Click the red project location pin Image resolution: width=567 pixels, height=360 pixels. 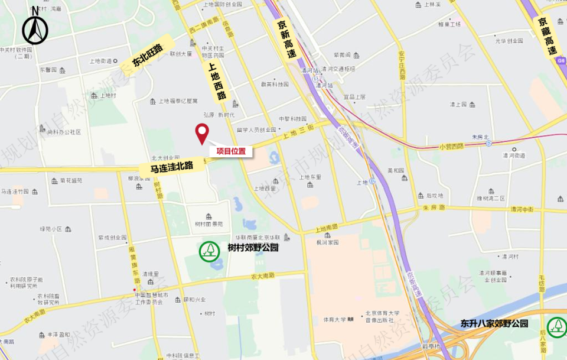[x=202, y=133]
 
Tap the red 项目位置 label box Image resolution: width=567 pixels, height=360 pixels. [x=231, y=151]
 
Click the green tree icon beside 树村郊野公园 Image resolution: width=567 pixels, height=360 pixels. [x=209, y=251]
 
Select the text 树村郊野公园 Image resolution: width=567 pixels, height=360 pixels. [x=253, y=248]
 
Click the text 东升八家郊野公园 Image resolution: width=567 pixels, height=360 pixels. [x=494, y=324]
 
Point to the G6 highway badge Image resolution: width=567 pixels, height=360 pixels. [x=561, y=61]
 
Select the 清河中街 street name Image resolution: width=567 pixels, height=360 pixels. [x=522, y=209]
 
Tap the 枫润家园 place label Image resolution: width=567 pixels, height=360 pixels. [x=327, y=242]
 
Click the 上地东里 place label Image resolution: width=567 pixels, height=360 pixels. [x=311, y=177]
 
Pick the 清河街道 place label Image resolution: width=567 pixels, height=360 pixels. [x=514, y=156]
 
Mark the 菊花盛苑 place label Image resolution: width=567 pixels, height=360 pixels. [x=71, y=180]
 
